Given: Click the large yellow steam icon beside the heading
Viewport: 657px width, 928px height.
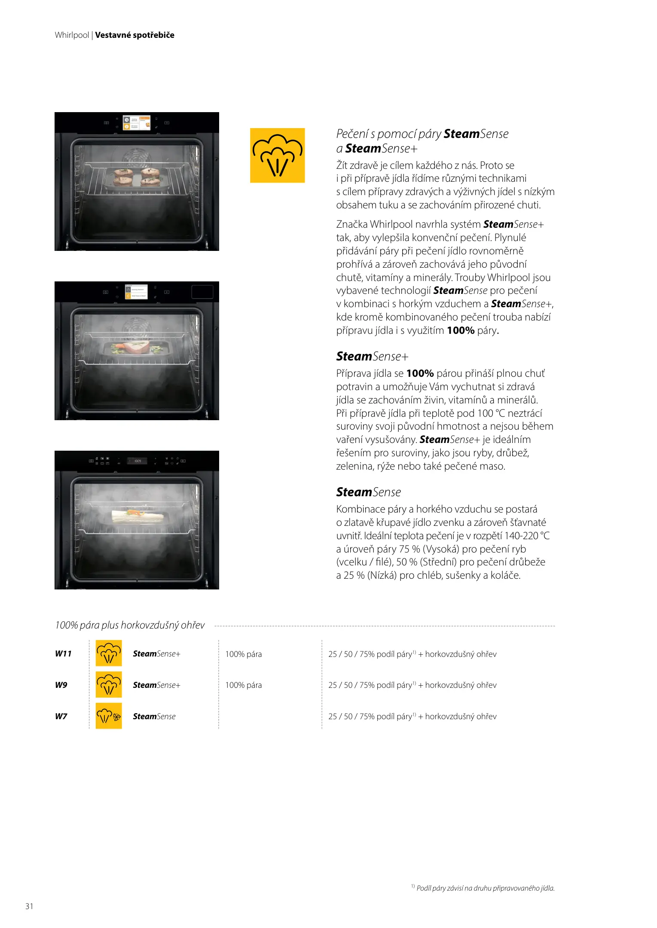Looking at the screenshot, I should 277,155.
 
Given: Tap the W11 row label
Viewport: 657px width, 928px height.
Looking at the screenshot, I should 63,653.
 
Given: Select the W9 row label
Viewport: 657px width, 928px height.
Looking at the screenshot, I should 61,685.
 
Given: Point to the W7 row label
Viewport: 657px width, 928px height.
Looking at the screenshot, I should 61,716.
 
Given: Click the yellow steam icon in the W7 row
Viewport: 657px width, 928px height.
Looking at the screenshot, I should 108,716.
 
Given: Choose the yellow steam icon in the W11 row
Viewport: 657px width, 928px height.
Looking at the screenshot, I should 108,653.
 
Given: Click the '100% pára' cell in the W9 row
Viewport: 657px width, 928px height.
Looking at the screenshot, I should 243,685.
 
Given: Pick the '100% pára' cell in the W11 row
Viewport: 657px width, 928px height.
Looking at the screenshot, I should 243,654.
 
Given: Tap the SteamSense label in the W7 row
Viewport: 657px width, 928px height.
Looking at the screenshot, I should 154,716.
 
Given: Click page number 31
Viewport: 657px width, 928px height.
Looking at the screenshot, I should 29,906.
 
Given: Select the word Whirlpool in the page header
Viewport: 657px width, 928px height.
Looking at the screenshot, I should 72,35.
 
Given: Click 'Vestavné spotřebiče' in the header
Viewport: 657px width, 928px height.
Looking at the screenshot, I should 134,35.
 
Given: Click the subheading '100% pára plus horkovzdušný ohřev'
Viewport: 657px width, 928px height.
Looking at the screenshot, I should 130,625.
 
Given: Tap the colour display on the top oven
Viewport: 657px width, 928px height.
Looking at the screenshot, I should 137,122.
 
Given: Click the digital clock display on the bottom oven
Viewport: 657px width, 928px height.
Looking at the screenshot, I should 138,461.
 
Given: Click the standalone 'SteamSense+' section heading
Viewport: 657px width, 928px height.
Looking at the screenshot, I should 372,357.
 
